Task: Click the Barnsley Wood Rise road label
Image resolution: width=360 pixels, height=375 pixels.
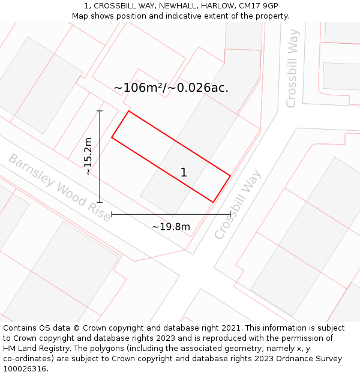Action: pos(59,187)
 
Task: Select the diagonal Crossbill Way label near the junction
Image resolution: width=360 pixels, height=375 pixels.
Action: pos(238,205)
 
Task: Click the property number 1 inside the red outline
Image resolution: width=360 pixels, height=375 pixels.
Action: pos(184,173)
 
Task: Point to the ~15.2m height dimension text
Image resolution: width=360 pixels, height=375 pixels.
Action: pos(88,156)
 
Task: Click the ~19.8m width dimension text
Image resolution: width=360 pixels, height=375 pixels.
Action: pos(171,227)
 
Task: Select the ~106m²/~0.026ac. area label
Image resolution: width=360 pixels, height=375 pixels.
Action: pos(171,88)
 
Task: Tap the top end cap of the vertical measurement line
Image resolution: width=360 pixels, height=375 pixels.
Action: pos(100,111)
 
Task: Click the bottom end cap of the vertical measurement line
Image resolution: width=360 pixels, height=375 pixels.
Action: pos(100,202)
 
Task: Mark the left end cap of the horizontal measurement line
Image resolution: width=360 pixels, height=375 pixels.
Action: pos(112,214)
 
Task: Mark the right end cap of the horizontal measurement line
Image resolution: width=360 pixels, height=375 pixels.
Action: pos(230,214)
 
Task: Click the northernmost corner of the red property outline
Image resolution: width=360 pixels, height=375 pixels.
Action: pos(128,111)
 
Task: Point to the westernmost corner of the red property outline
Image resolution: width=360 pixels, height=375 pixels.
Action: pos(112,138)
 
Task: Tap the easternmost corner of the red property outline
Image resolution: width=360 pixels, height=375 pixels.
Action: pos(230,176)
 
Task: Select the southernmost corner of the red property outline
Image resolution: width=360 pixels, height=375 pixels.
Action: pos(213,202)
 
